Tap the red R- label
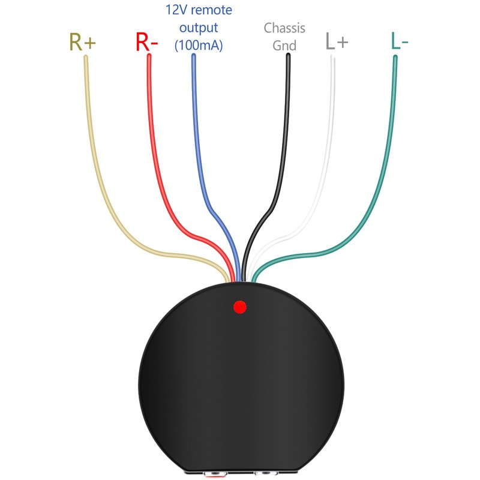pyautogui.click(x=147, y=41)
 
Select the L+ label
pyautogui.click(x=337, y=41)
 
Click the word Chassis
pyautogui.click(x=284, y=28)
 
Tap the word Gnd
pyautogui.click(x=284, y=45)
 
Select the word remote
pyautogui.click(x=211, y=10)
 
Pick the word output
pyautogui.click(x=197, y=28)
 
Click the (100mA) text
pyautogui.click(x=198, y=45)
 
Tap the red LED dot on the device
pyautogui.click(x=240, y=307)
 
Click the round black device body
pyautogui.click(x=240, y=384)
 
